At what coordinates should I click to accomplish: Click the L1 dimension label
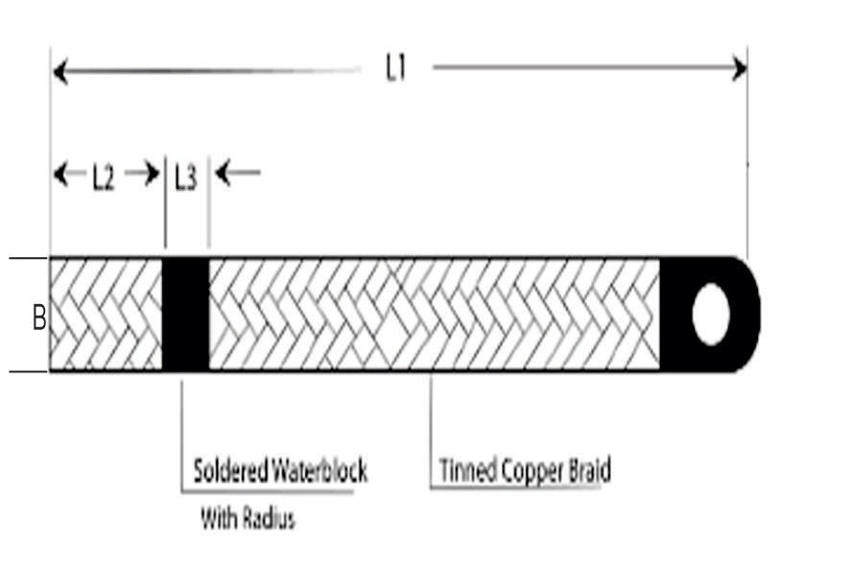tap(396, 70)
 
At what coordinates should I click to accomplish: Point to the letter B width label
tap(39, 318)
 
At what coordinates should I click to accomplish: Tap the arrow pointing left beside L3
tap(225, 174)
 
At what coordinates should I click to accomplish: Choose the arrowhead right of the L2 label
tap(151, 174)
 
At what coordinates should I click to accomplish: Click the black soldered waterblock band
tap(185, 315)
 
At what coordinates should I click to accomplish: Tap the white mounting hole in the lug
tap(710, 315)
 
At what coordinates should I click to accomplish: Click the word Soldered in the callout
tap(227, 472)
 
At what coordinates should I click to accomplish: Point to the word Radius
tap(271, 519)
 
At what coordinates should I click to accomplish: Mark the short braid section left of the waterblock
tap(106, 315)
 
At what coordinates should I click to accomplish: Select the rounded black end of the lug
tap(747, 315)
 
